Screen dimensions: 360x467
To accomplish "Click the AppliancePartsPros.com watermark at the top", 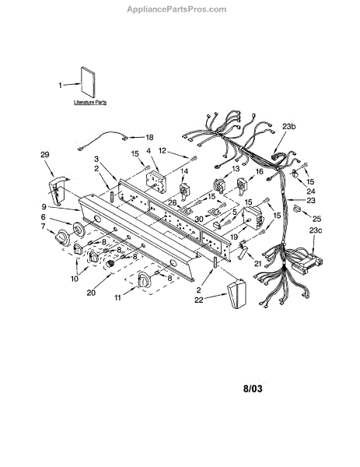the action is click(x=177, y=9).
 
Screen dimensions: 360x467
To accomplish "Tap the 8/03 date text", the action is click(x=253, y=388).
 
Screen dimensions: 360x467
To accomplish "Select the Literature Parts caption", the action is click(x=90, y=102).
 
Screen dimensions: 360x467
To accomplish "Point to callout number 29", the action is click(x=45, y=155).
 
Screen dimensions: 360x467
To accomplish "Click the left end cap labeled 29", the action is click(x=58, y=189).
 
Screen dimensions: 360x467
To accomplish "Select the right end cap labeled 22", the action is click(x=237, y=293).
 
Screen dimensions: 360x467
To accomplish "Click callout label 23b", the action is click(x=289, y=126).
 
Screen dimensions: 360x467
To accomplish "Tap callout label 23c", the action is click(x=316, y=230).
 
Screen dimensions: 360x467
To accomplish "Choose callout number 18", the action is click(x=149, y=137).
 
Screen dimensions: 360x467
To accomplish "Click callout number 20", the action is click(x=91, y=293).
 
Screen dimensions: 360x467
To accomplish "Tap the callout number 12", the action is click(x=163, y=151).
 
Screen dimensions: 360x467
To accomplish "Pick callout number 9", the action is click(x=44, y=206).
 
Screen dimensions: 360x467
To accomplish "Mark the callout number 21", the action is click(x=258, y=263).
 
